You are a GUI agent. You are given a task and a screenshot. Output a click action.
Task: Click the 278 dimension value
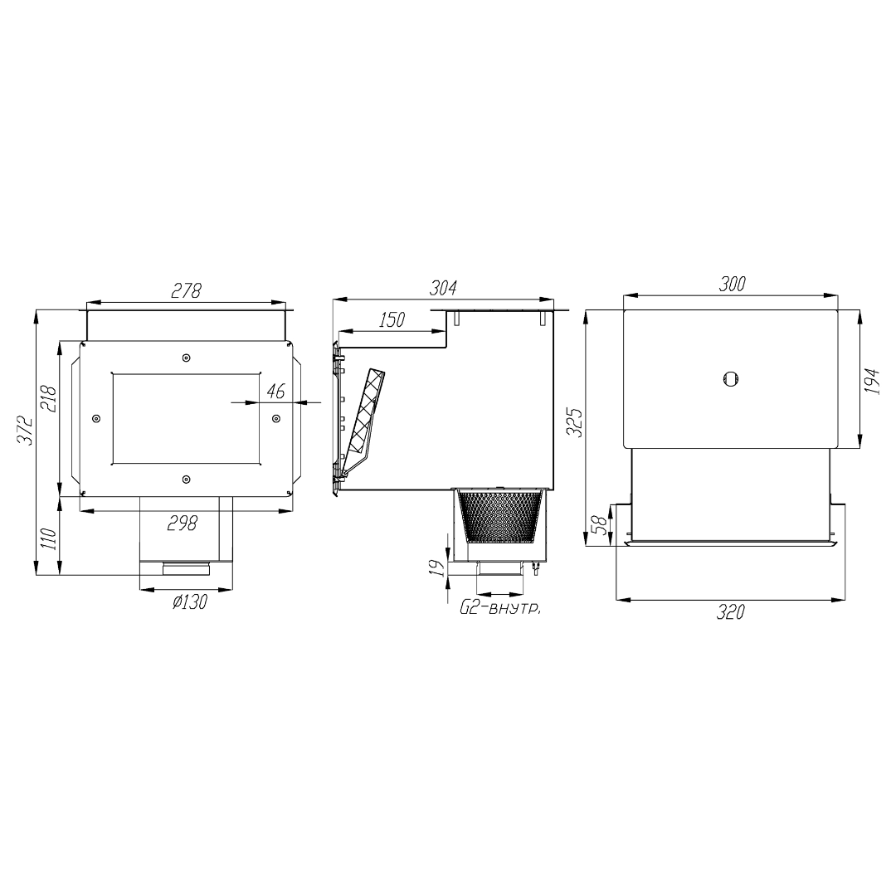[x=187, y=290]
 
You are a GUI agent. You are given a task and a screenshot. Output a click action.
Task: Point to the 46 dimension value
[x=276, y=392]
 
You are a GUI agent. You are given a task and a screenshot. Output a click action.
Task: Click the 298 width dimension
[x=183, y=523]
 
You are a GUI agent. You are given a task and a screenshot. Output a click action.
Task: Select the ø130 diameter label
[x=190, y=601]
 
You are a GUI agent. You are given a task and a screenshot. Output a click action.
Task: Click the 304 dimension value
[x=443, y=287]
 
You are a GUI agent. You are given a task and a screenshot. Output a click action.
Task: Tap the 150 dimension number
[x=392, y=320]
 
